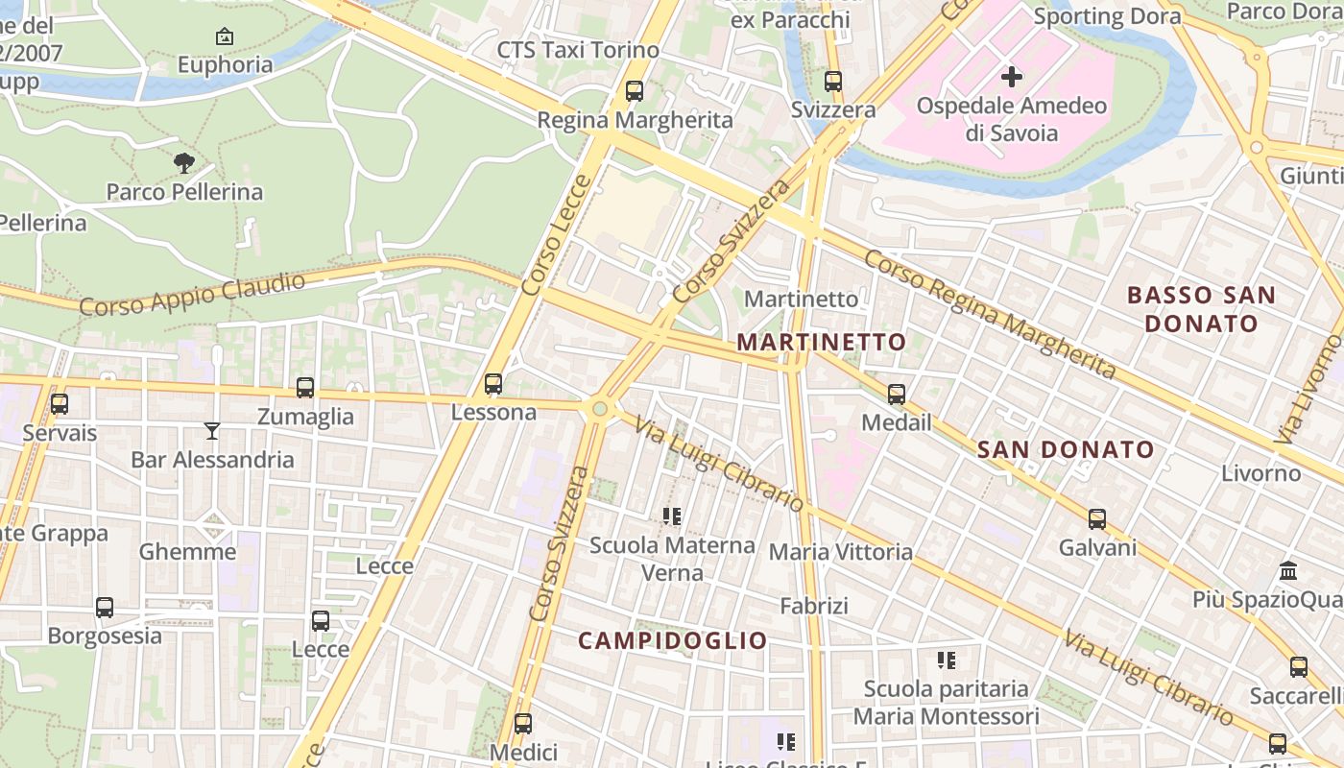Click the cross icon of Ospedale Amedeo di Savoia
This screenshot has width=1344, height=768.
click(x=1012, y=77)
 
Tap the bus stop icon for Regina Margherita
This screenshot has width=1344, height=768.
click(x=634, y=91)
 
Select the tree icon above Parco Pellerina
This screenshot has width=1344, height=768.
click(x=184, y=162)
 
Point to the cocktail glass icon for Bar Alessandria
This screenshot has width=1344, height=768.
click(x=212, y=431)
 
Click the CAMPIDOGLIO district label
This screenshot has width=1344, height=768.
click(x=673, y=640)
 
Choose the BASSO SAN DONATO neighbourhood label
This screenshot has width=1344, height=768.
click(x=1201, y=308)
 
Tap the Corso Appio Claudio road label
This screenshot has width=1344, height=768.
click(x=192, y=294)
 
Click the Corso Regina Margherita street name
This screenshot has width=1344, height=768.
click(x=989, y=313)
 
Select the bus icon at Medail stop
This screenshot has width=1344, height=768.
click(x=897, y=394)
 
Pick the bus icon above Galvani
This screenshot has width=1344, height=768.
click(x=1097, y=519)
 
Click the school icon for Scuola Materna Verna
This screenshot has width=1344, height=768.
click(x=672, y=516)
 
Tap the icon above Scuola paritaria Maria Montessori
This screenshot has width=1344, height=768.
click(x=947, y=660)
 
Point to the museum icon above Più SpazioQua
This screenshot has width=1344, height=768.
click(x=1288, y=571)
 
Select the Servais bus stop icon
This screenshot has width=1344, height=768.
click(x=60, y=404)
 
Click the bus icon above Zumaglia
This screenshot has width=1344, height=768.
click(x=305, y=388)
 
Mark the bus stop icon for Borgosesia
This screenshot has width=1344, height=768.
click(x=105, y=608)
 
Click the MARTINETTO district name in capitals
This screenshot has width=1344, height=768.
click(x=821, y=342)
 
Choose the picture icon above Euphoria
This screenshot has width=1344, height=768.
click(x=225, y=37)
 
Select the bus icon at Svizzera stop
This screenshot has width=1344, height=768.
click(x=833, y=82)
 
